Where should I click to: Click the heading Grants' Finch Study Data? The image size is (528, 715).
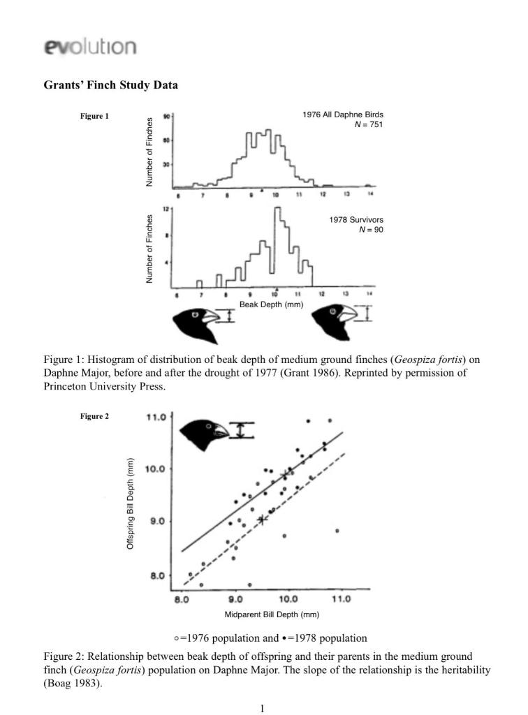click(x=110, y=85)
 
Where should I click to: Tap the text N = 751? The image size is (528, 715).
click(x=367, y=124)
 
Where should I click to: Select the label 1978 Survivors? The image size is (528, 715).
click(x=356, y=220)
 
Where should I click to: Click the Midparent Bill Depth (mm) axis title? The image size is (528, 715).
click(x=272, y=614)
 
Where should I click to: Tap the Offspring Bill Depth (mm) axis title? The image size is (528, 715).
click(x=131, y=503)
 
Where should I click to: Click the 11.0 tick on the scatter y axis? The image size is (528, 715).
click(x=156, y=417)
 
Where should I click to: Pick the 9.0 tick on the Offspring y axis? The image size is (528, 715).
click(x=155, y=522)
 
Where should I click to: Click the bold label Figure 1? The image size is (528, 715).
click(x=94, y=116)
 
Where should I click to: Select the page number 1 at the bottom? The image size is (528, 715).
click(x=263, y=709)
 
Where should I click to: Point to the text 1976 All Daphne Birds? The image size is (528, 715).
click(x=343, y=115)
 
